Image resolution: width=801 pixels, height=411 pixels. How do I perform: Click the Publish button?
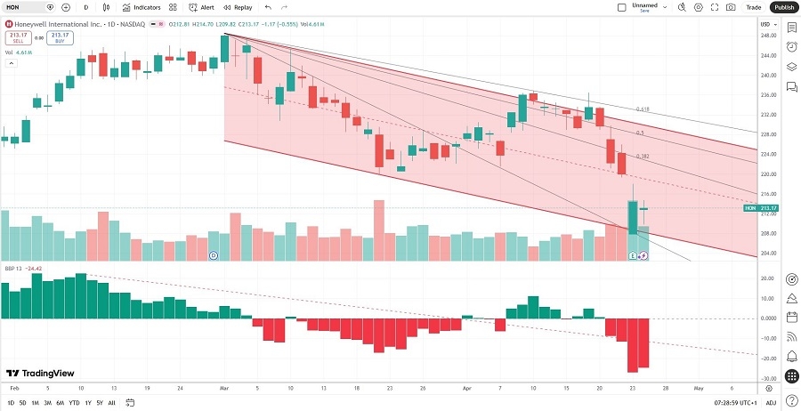[x=783, y=7]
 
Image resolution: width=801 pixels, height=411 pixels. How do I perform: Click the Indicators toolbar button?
[x=142, y=7]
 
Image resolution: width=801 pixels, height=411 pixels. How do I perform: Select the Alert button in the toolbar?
[x=202, y=7]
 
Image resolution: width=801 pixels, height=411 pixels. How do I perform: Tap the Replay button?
[x=239, y=7]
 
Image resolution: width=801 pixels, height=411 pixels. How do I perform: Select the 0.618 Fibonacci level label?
[x=642, y=109]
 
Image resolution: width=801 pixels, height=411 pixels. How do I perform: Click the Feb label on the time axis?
[x=14, y=389]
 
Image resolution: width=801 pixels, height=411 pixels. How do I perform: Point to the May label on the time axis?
[x=699, y=389]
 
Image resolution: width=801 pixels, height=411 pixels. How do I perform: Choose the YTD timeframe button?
[x=73, y=403]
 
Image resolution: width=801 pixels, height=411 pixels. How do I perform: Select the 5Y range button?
[x=99, y=403]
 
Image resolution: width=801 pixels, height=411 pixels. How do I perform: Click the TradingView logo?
[x=41, y=374]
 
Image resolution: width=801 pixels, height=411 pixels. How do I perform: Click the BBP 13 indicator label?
[x=12, y=268]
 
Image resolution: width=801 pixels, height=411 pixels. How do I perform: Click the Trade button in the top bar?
[x=754, y=7]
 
